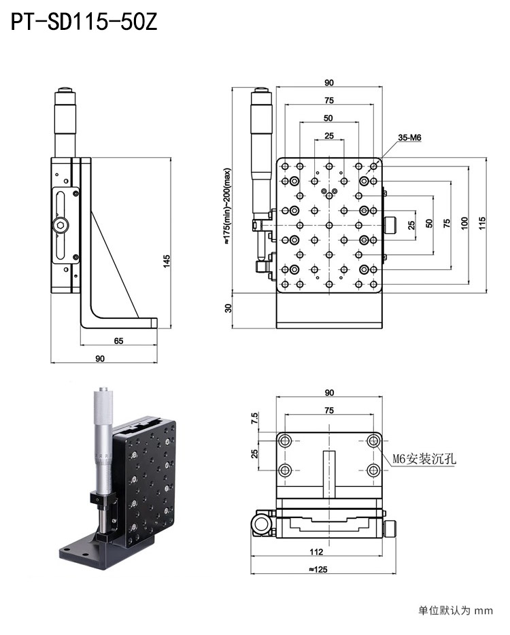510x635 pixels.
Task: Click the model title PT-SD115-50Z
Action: (84, 23)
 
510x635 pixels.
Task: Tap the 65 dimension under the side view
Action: (118, 341)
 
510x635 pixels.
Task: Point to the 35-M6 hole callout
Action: (409, 137)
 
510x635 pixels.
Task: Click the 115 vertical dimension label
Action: (481, 223)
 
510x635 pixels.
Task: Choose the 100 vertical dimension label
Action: (464, 223)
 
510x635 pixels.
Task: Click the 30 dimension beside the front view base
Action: (228, 307)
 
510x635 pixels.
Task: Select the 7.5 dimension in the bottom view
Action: (255, 418)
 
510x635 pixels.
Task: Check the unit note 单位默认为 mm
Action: (455, 611)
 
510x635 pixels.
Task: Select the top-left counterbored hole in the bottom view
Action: (285, 441)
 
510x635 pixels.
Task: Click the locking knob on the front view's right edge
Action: (392, 225)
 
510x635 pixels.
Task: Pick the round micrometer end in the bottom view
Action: (262, 524)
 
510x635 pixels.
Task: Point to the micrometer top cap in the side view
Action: (65, 90)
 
